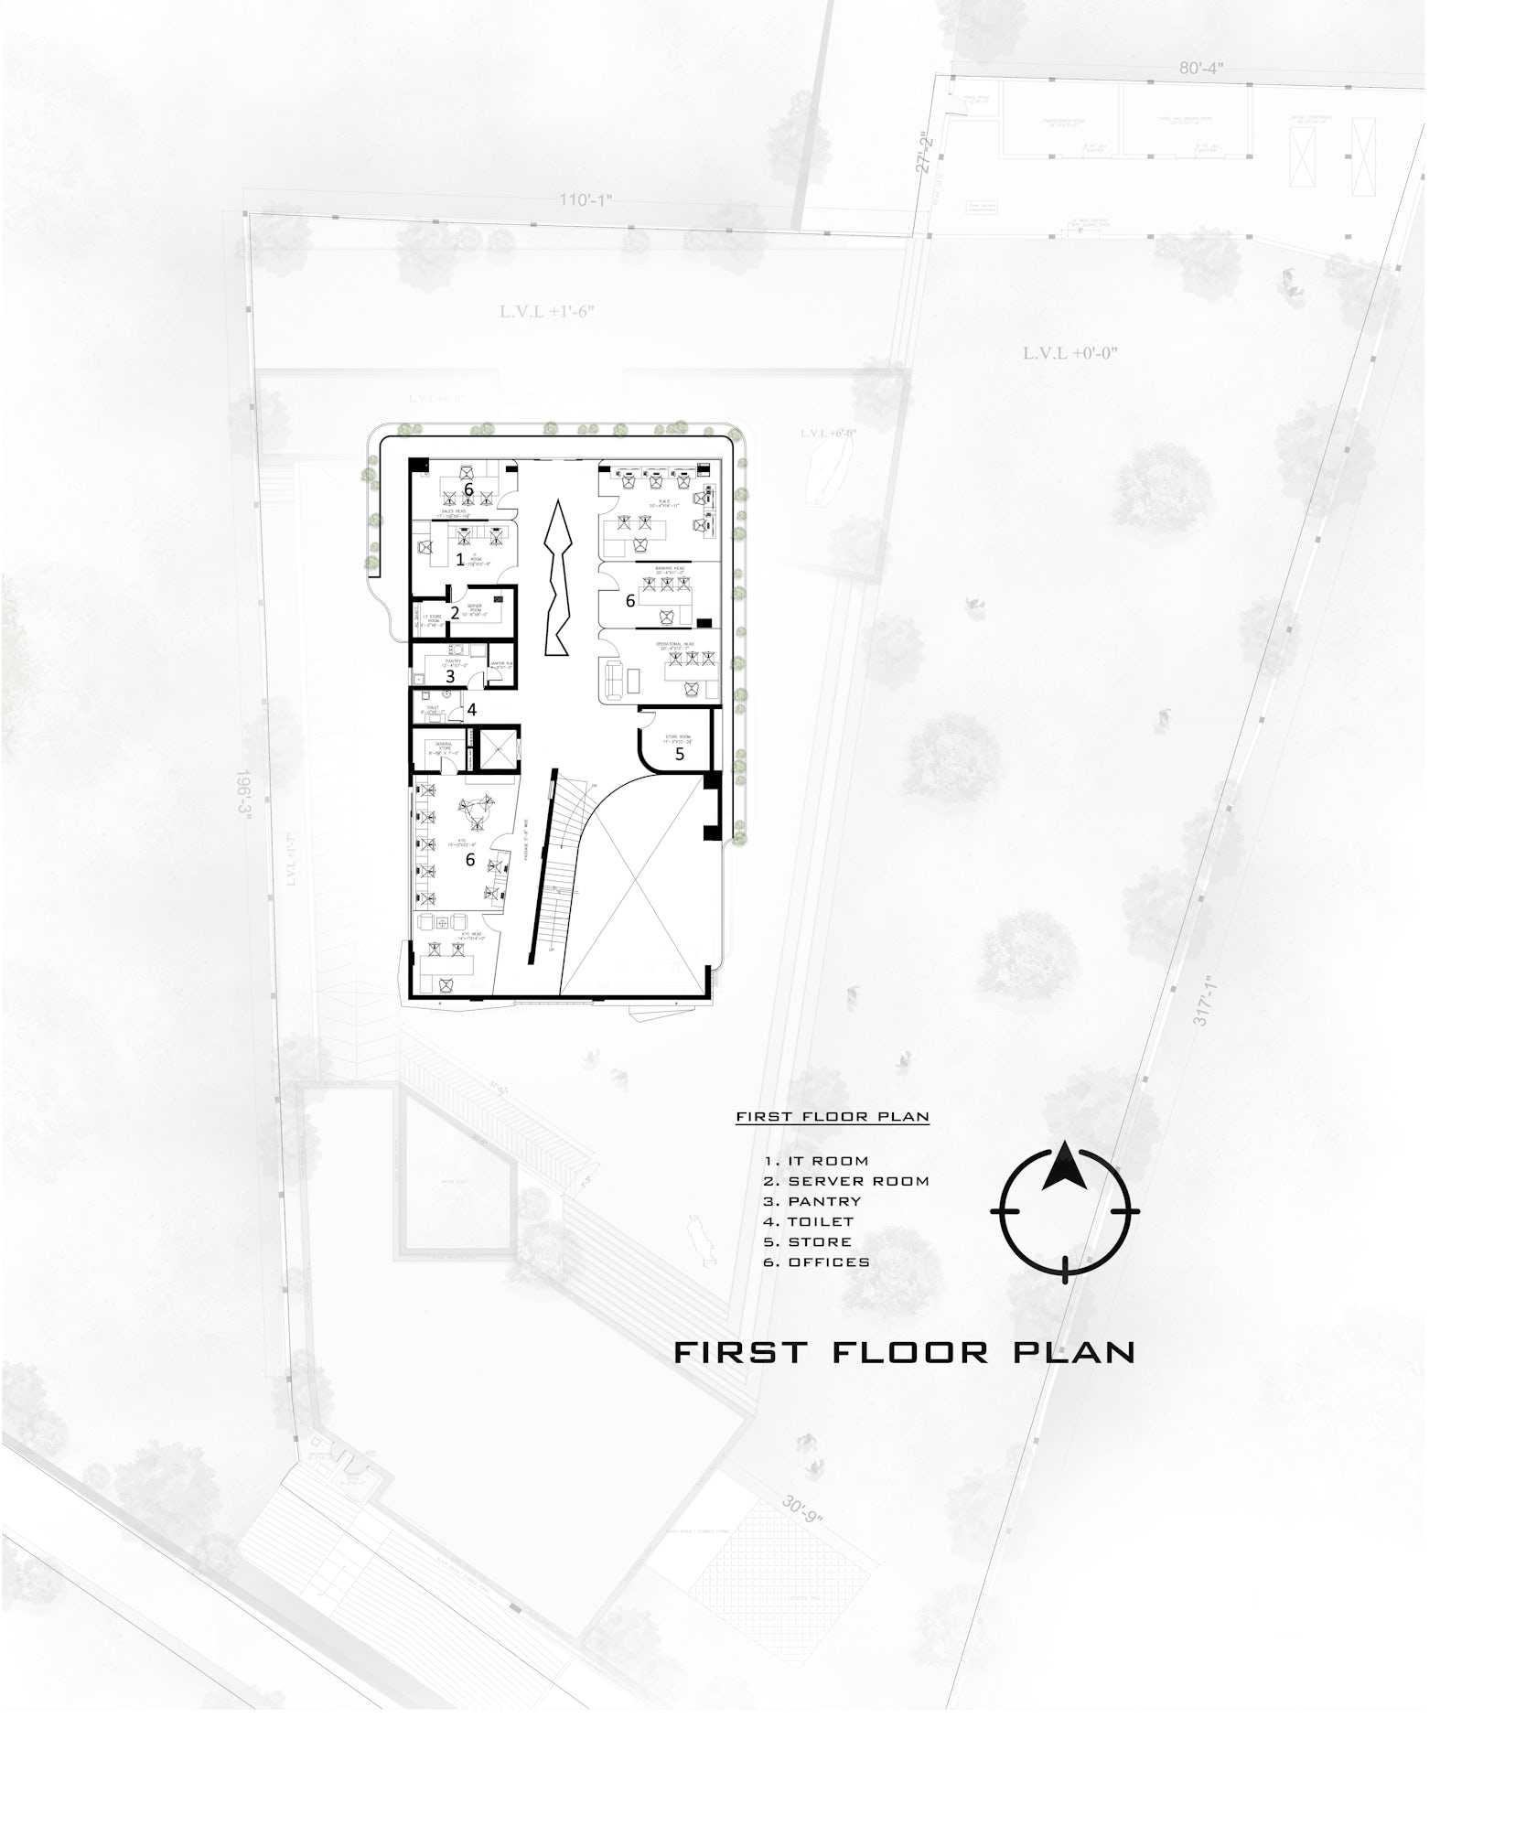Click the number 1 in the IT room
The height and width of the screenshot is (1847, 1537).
point(460,559)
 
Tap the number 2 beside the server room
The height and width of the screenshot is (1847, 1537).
point(455,613)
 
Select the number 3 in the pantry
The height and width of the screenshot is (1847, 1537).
point(450,677)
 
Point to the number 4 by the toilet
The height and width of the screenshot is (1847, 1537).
point(472,709)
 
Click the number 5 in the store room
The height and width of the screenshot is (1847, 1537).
point(680,754)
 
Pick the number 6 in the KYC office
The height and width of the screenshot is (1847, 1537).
point(470,860)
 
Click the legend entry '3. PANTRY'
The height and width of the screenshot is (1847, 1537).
point(812,1201)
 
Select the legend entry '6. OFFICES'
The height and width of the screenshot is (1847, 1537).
point(816,1262)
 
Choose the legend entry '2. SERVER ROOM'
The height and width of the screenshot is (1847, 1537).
point(846,1181)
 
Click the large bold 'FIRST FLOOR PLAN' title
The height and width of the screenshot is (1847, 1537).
point(904,1352)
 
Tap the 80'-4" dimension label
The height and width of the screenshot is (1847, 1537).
point(1200,69)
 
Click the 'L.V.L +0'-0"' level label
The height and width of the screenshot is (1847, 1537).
point(1070,353)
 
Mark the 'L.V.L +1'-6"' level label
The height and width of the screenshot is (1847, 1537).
point(547,311)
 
